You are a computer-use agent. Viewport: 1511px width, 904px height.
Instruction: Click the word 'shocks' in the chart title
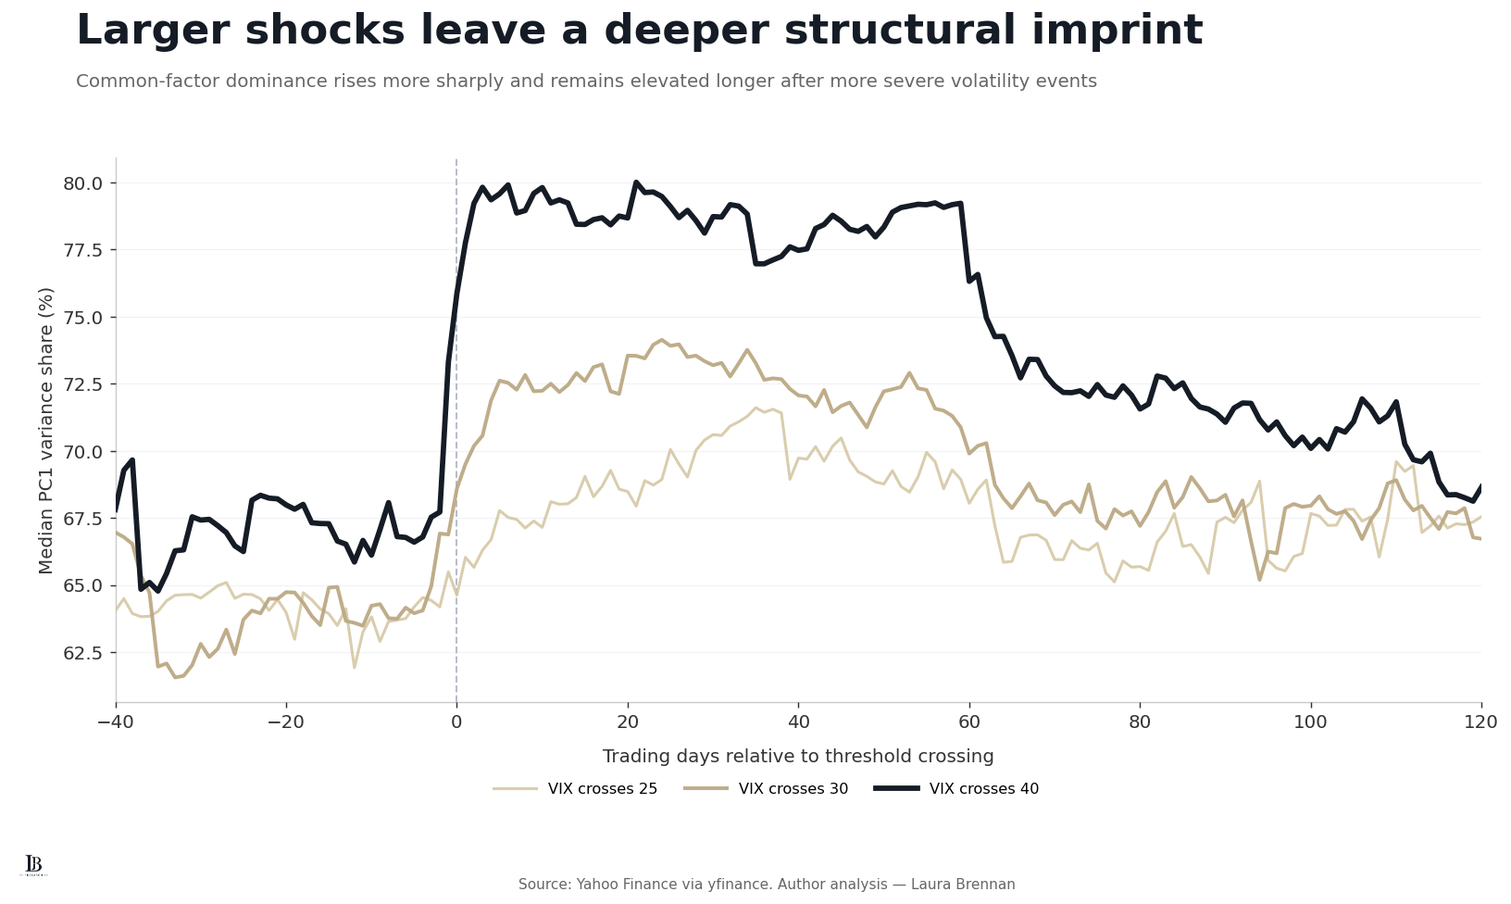tap(323, 31)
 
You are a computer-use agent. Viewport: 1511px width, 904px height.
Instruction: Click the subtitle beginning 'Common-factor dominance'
tap(586, 82)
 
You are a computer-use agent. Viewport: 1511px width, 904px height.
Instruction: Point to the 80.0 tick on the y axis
tap(82, 183)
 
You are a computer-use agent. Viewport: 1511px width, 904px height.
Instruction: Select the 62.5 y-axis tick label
tap(82, 653)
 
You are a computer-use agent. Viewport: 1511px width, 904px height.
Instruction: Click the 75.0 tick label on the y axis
tap(82, 318)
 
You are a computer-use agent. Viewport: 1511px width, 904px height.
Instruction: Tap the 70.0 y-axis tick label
tap(82, 452)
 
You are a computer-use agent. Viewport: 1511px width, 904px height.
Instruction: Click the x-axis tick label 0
tap(456, 722)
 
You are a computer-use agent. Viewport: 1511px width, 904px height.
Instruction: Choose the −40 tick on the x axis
tap(116, 722)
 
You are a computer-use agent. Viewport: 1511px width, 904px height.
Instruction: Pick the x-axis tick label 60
tap(969, 722)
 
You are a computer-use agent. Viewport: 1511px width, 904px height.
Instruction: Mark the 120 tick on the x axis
tap(1481, 722)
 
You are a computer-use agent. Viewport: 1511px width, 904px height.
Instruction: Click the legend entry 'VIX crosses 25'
tap(575, 788)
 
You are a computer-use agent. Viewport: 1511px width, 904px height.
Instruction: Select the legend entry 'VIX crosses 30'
tap(767, 788)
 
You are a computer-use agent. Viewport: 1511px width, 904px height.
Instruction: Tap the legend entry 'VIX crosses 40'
tap(956, 788)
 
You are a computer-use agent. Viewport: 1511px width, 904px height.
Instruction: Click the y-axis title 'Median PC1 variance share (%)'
tap(46, 431)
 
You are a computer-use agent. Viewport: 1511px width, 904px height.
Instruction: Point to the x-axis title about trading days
tap(798, 756)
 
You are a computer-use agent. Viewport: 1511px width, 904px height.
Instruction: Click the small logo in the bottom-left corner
tap(33, 865)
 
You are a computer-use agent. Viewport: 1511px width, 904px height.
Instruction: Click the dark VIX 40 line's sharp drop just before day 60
tap(965, 242)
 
